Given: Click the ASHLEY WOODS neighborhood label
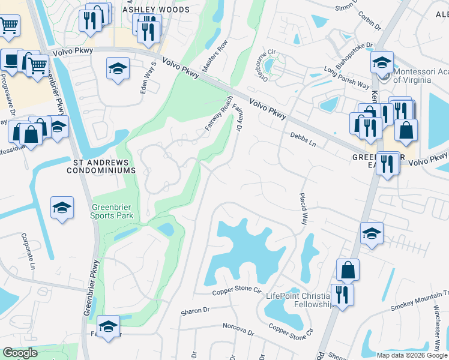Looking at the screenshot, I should click(155, 10).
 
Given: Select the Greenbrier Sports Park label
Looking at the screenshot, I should click(115, 212).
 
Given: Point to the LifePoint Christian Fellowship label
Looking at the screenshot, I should click(298, 300).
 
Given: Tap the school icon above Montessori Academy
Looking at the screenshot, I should click(382, 62).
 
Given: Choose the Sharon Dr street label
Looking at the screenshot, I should click(195, 311).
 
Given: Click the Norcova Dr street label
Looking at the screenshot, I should click(238, 329).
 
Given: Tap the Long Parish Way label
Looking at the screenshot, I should click(346, 77).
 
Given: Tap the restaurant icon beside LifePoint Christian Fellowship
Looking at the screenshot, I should click(342, 295).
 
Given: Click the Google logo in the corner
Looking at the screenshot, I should click(19, 353).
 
